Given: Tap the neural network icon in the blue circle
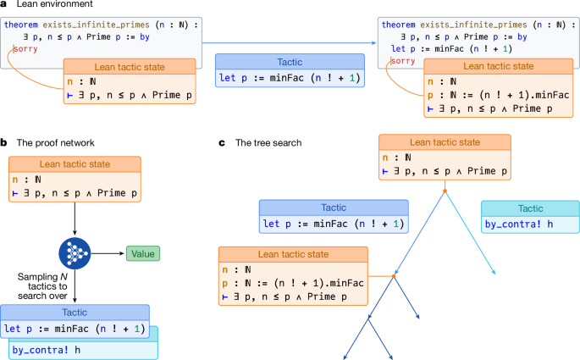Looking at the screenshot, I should (76, 252).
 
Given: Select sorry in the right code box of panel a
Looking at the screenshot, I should (403, 61).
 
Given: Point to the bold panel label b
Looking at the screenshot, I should (5, 144).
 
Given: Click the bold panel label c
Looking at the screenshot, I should (222, 144).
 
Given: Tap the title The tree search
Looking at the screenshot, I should (268, 144).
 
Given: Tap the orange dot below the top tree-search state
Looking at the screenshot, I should (445, 191).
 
